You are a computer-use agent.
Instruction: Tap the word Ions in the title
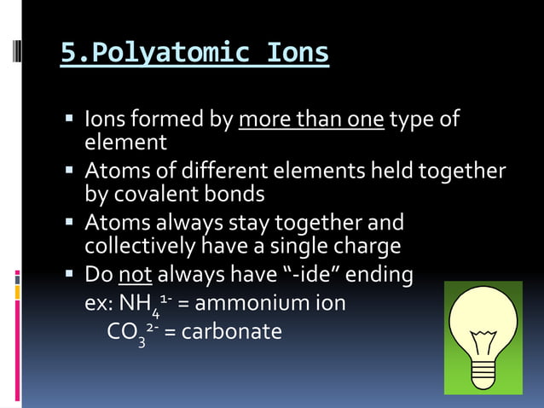click(298, 53)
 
